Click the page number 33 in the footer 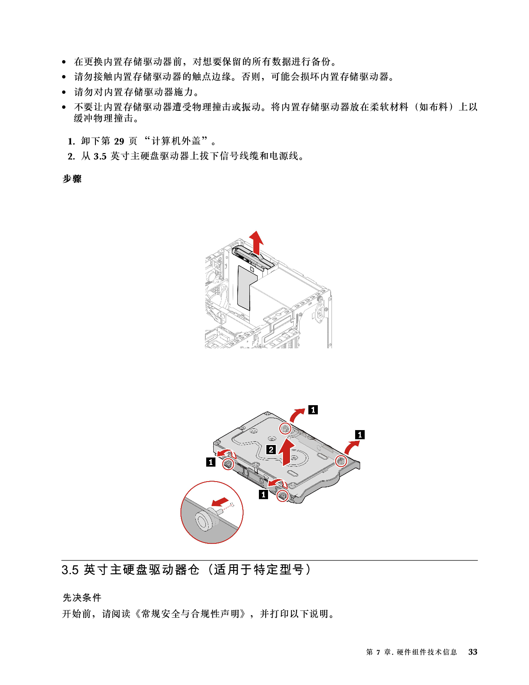pyautogui.click(x=473, y=652)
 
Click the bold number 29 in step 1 pyautogui.click(x=119, y=141)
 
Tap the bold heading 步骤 pyautogui.click(x=72, y=179)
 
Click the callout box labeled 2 pyautogui.click(x=271, y=450)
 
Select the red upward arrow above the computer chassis pyautogui.click(x=256, y=242)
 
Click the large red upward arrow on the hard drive pyautogui.click(x=286, y=451)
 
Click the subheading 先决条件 pyautogui.click(x=82, y=598)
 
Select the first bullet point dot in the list pyautogui.click(x=64, y=62)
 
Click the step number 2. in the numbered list pyautogui.click(x=71, y=157)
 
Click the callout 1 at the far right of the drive pyautogui.click(x=360, y=435)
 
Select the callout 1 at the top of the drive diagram pyautogui.click(x=313, y=410)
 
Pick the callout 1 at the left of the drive pyautogui.click(x=211, y=462)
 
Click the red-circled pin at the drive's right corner pyautogui.click(x=341, y=461)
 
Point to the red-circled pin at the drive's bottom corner pyautogui.click(x=282, y=495)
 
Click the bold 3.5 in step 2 pyautogui.click(x=100, y=157)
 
